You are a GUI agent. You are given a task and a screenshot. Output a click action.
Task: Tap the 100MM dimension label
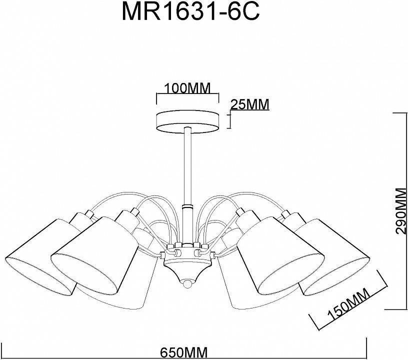coord(187,88)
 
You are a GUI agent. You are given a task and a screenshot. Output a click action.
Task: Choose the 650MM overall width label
coord(183,352)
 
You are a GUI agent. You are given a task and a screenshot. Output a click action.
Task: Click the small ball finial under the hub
coord(187,283)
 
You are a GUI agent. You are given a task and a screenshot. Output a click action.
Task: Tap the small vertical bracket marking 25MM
coord(230,120)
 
